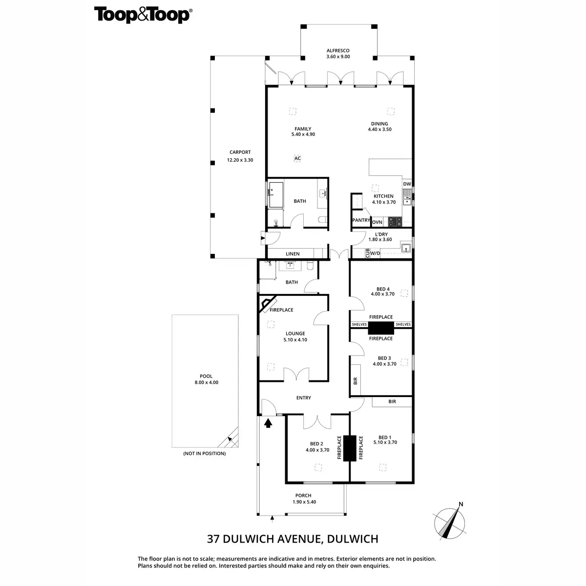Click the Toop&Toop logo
coord(143,15)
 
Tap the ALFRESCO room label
coord(338,50)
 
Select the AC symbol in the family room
coord(297,158)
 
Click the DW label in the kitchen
coord(407,184)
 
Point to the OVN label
coord(377,222)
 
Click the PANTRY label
coord(361,220)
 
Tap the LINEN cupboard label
coord(293,254)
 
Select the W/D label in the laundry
coord(375,253)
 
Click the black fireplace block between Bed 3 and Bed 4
coord(381,328)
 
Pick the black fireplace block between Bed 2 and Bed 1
coord(349,448)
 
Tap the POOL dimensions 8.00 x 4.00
coord(206,382)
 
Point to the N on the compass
coord(460,505)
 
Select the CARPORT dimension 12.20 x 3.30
coord(240,160)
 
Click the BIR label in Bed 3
coord(355,380)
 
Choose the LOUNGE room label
coord(295,334)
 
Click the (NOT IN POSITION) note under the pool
coord(204,453)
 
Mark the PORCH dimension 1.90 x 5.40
coord(303,502)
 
